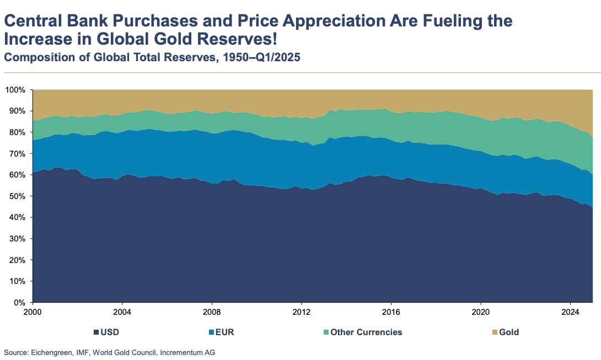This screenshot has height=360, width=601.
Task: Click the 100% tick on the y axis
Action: tap(15, 89)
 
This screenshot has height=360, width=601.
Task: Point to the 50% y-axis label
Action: tap(17, 196)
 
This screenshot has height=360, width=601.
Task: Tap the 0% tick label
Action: tap(20, 303)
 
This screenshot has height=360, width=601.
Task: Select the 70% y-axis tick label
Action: tap(17, 153)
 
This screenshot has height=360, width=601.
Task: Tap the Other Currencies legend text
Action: tap(366, 332)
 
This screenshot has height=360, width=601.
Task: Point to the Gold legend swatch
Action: tap(495, 332)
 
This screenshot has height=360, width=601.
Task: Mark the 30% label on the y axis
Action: tap(17, 239)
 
